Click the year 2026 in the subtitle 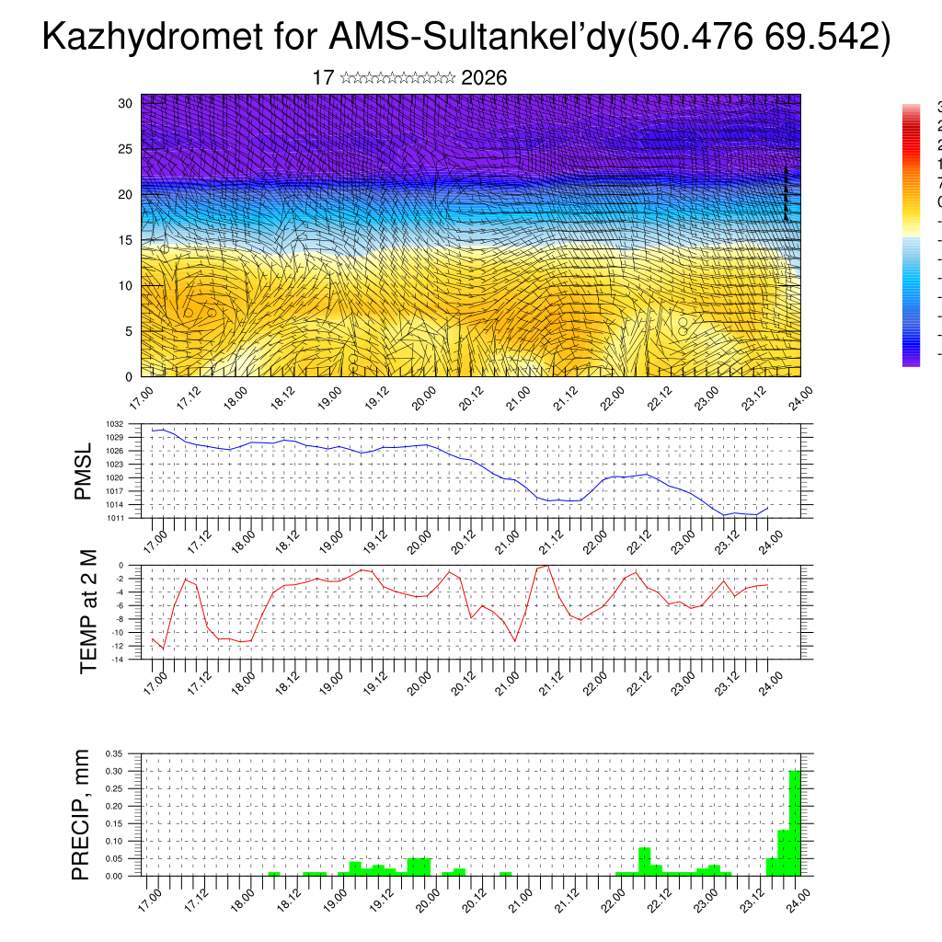[484, 78]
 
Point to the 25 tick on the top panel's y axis [126, 148]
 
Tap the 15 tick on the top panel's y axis [126, 240]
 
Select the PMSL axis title [84, 471]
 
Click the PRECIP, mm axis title [83, 814]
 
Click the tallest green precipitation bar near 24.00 [795, 823]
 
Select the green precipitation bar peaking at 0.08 [644, 862]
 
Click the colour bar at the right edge [911, 235]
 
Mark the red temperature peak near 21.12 [548, 566]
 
